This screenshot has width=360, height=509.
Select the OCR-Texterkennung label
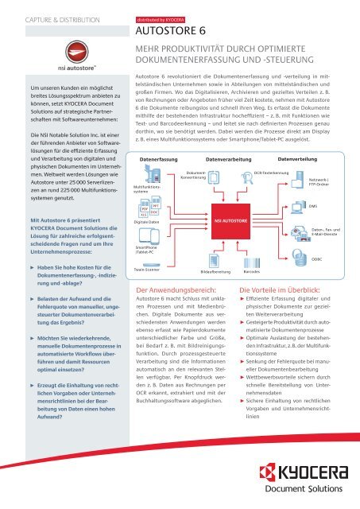pyautogui.click(x=272, y=150)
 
